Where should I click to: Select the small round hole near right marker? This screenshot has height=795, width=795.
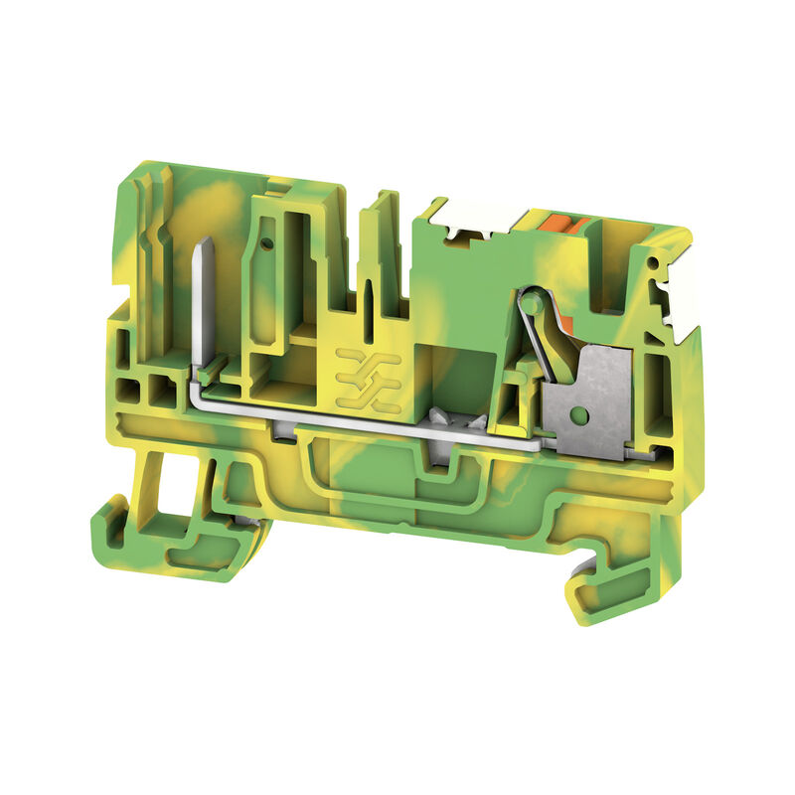657,268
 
